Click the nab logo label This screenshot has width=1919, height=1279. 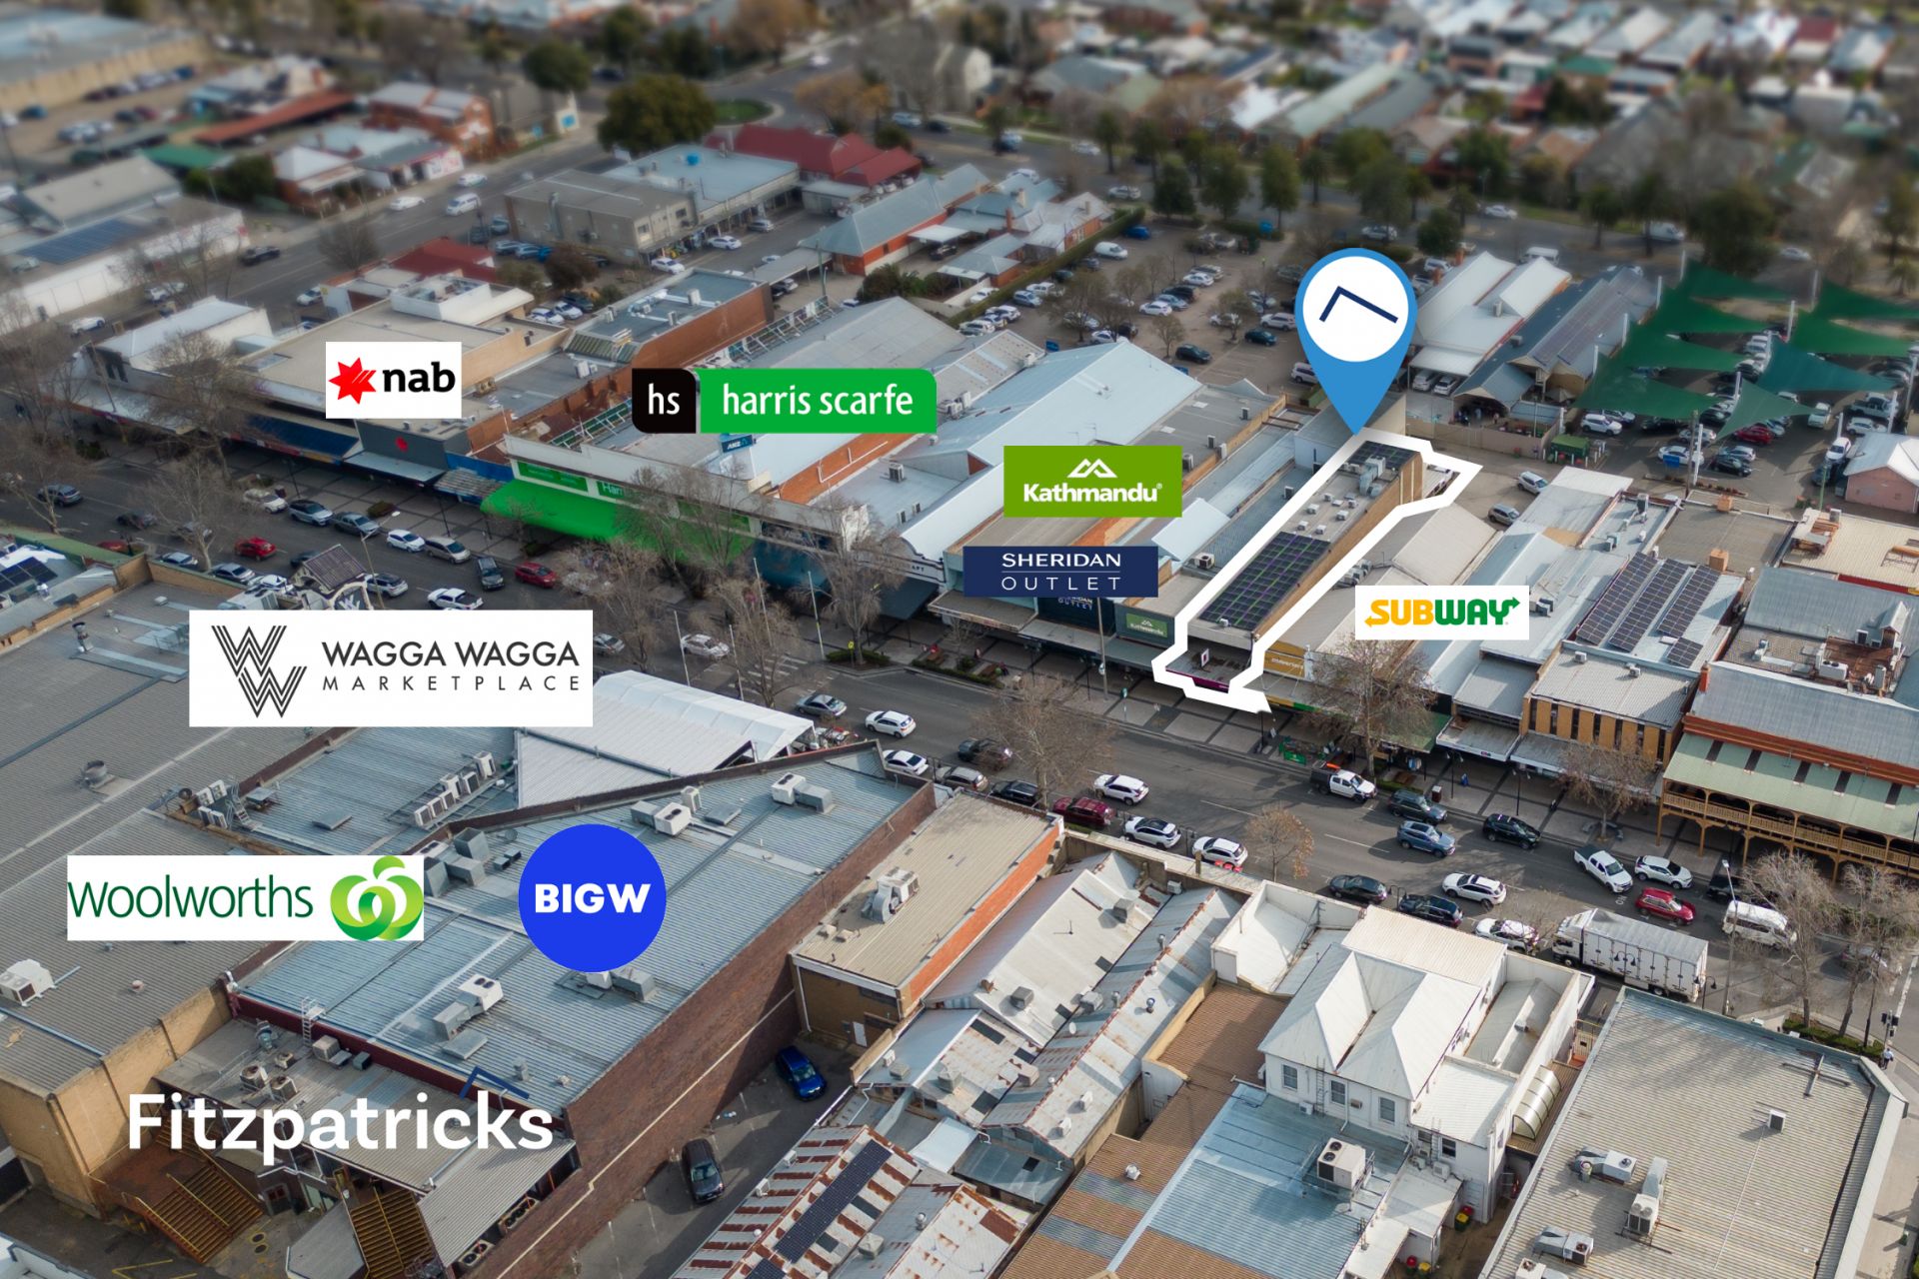pyautogui.click(x=393, y=380)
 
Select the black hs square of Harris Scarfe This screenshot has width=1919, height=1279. pyautogui.click(x=664, y=401)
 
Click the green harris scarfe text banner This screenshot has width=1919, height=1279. pyautogui.click(x=817, y=401)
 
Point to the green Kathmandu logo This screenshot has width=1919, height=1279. pyautogui.click(x=1091, y=481)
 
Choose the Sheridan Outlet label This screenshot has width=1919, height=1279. pyautogui.click(x=1060, y=571)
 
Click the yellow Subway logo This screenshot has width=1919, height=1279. pyautogui.click(x=1441, y=612)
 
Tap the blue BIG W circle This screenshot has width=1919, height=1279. pyautogui.click(x=592, y=897)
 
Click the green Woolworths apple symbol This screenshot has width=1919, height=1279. pyautogui.click(x=377, y=898)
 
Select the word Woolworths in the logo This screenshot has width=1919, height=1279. pyautogui.click(x=190, y=898)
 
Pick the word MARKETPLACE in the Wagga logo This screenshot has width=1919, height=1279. pyautogui.click(x=451, y=683)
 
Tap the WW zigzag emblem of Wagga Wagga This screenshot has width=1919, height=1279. pyautogui.click(x=259, y=668)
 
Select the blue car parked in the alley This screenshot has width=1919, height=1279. pyautogui.click(x=800, y=1071)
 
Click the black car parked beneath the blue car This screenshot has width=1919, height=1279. pyautogui.click(x=702, y=1169)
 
